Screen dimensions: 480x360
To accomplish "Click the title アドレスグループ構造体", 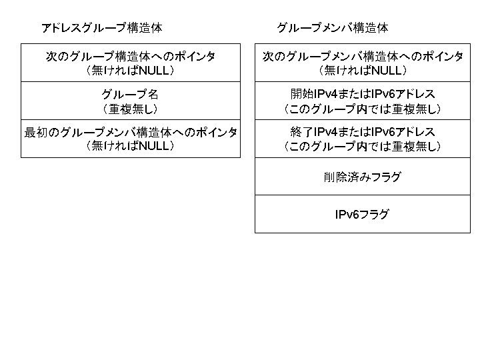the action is coord(101,28).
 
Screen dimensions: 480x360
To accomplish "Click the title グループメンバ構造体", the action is coord(332,28).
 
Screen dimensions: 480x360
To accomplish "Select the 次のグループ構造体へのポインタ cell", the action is coord(130,63).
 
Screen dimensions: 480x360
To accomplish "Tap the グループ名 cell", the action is coord(130,101).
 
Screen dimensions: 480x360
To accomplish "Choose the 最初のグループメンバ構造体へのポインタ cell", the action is coord(130,139).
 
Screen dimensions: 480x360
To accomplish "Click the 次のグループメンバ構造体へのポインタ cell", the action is coord(362,63).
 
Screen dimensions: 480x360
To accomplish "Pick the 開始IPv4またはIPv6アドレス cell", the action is coord(362,101).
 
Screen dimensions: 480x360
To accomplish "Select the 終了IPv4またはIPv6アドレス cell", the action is coord(362,139).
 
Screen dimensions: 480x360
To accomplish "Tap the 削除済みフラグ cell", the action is coord(362,177).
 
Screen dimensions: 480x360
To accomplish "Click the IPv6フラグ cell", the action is coord(362,215).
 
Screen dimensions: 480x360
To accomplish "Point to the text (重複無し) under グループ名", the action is coord(130,108).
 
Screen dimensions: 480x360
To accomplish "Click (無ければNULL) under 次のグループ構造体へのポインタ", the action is coord(130,70).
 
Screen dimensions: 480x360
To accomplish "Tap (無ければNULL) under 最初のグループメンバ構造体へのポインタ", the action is coord(130,146).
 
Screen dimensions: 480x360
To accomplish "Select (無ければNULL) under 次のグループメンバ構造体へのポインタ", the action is coord(362,70).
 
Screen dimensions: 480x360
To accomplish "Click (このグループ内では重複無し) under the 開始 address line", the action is coord(362,108).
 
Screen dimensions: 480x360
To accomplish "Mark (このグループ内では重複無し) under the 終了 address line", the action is coord(362,146).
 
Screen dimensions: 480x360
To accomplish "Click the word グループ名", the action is coord(130,94).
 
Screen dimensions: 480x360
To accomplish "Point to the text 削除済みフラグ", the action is coord(362,177).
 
